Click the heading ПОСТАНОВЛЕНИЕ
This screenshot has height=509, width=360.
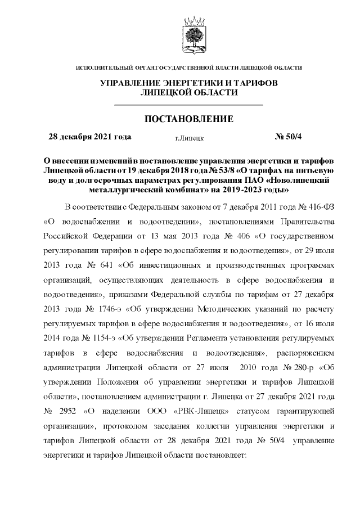point(188,119)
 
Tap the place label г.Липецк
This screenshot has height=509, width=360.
point(190,137)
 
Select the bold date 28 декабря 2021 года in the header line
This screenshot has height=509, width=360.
point(90,137)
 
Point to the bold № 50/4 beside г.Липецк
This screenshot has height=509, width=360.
point(288,137)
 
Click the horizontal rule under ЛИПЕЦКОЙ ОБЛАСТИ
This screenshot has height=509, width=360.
point(188,105)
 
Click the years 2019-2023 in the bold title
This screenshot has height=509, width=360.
point(255,190)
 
